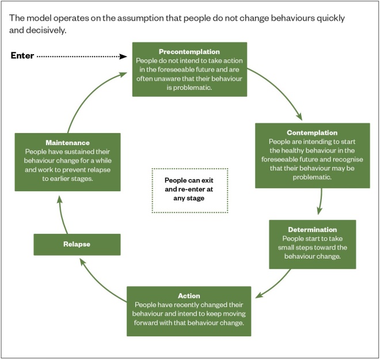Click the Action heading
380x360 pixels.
188,295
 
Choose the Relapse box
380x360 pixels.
77,244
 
